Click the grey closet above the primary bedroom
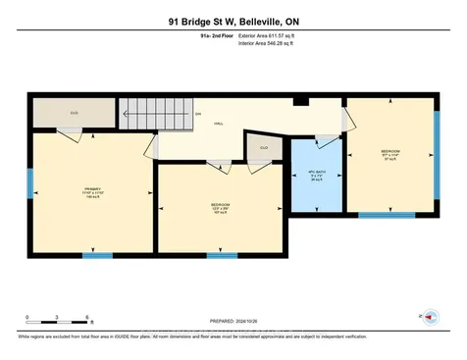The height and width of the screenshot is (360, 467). pos(74,113)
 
